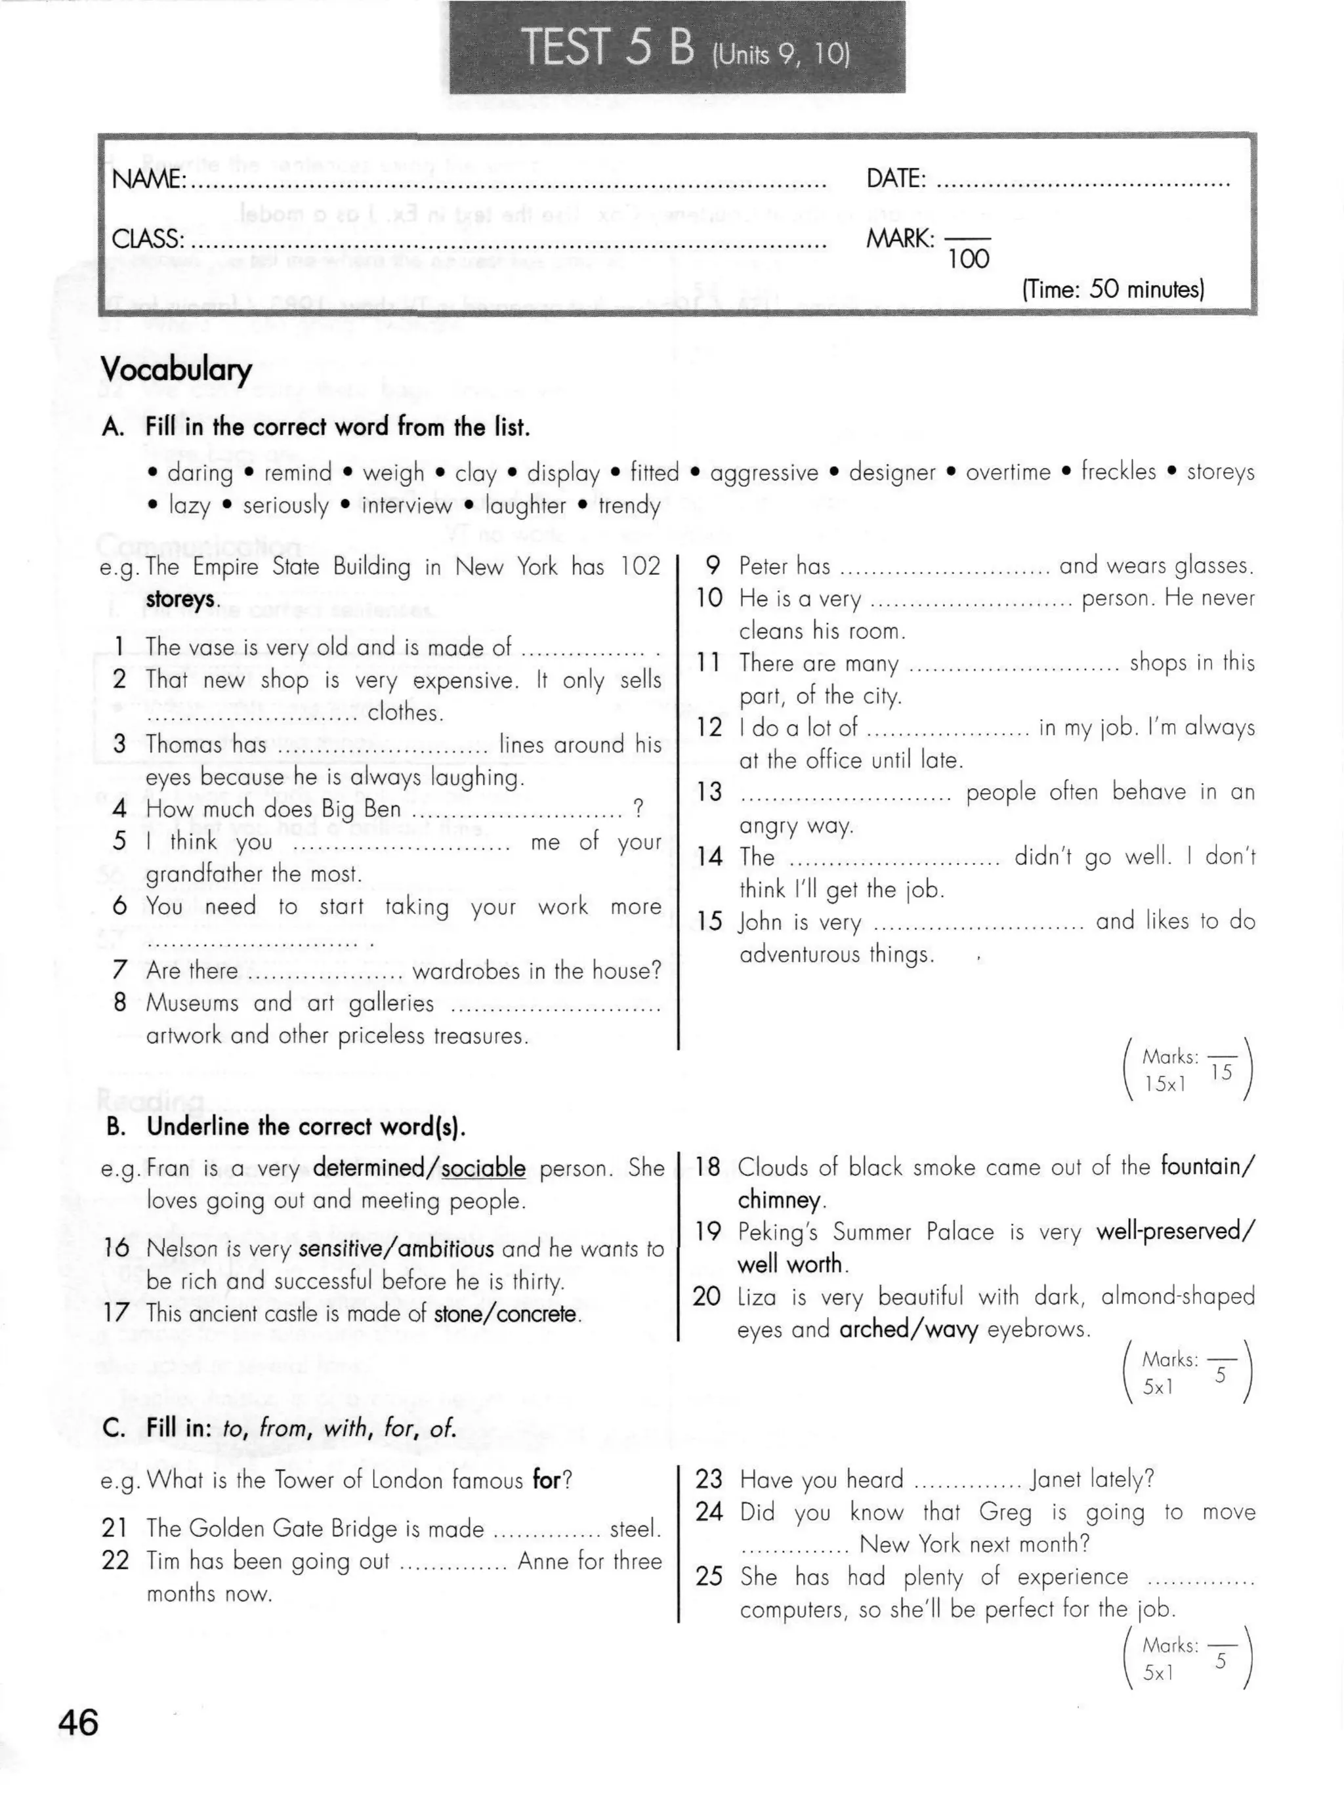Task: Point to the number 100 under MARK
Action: coord(968,259)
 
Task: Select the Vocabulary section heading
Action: coord(176,369)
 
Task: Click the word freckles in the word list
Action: coord(1118,471)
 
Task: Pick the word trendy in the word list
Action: coord(629,505)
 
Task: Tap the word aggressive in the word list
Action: coord(764,472)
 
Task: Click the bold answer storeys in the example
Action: coord(180,600)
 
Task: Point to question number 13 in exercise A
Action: coord(709,791)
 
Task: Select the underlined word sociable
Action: coord(483,1168)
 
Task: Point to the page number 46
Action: coord(78,1723)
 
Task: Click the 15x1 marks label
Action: coord(1164,1083)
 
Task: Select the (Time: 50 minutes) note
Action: coord(1112,289)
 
